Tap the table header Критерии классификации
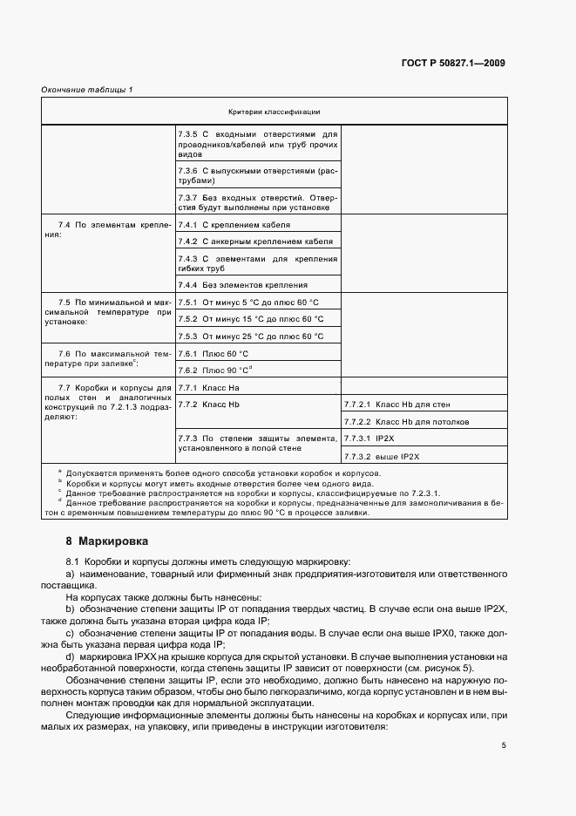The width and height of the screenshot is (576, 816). pyautogui.click(x=274, y=112)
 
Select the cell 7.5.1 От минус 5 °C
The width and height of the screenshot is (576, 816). pyautogui.click(x=249, y=302)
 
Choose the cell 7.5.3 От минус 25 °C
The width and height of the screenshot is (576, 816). pyautogui.click(x=251, y=336)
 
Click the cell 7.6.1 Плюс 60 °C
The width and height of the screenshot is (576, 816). pyautogui.click(x=213, y=353)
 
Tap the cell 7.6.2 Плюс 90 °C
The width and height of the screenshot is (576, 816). pyautogui.click(x=215, y=370)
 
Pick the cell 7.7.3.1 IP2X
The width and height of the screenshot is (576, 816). pyautogui.click(x=369, y=439)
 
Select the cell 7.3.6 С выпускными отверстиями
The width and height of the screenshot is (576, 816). pyautogui.click(x=257, y=175)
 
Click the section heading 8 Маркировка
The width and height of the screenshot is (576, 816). pyautogui.click(x=101, y=541)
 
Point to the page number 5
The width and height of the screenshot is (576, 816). pyautogui.click(x=504, y=745)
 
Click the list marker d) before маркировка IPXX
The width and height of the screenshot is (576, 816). pyautogui.click(x=70, y=655)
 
